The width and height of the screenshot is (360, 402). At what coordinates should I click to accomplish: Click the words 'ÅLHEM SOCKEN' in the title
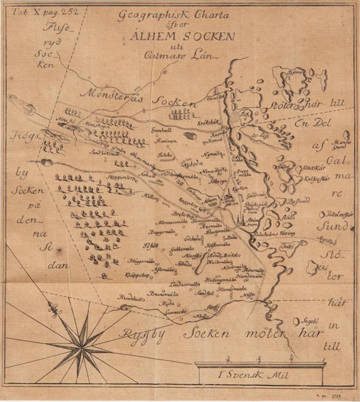182,36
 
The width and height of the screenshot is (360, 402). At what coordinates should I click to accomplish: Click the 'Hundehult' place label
130,298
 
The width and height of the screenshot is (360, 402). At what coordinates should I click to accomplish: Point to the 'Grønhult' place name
161,131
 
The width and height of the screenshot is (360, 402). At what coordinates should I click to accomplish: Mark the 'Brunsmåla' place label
164,293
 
